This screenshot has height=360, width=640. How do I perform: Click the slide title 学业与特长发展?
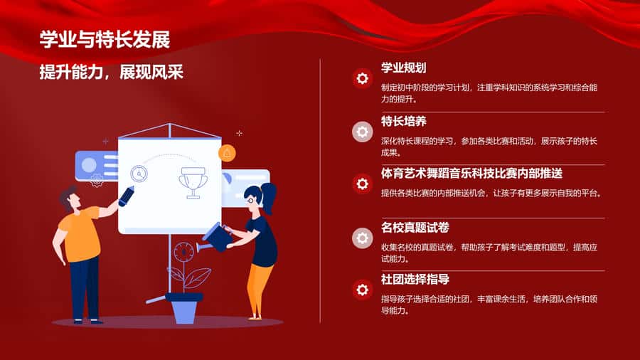coord(105,40)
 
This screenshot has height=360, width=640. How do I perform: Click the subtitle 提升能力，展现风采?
coord(111,73)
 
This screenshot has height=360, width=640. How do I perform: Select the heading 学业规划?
coord(404,68)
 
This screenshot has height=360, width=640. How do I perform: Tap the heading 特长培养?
coord(404,121)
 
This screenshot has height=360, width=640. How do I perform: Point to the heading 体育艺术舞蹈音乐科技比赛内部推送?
coord(472,174)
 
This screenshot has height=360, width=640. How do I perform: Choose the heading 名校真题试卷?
coord(415,228)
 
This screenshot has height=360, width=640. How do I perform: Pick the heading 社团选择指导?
coord(415,280)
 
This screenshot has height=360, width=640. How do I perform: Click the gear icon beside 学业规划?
coord(363,78)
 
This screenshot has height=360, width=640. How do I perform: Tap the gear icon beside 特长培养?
coord(363,132)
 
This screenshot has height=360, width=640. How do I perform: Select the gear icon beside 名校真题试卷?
coord(363,238)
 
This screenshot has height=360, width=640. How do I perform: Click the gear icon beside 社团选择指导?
coord(363,290)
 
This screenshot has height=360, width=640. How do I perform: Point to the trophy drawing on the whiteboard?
coord(193,182)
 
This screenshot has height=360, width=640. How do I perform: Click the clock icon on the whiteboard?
coord(139,174)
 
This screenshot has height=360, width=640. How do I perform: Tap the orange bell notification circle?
coord(227,153)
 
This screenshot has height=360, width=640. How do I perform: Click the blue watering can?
coord(214,238)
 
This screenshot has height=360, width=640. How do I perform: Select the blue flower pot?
coord(184,308)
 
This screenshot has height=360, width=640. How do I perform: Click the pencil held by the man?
coord(126,196)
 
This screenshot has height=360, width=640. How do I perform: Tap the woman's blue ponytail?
coord(269,198)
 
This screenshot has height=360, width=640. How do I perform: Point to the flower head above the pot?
coord(183,253)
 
